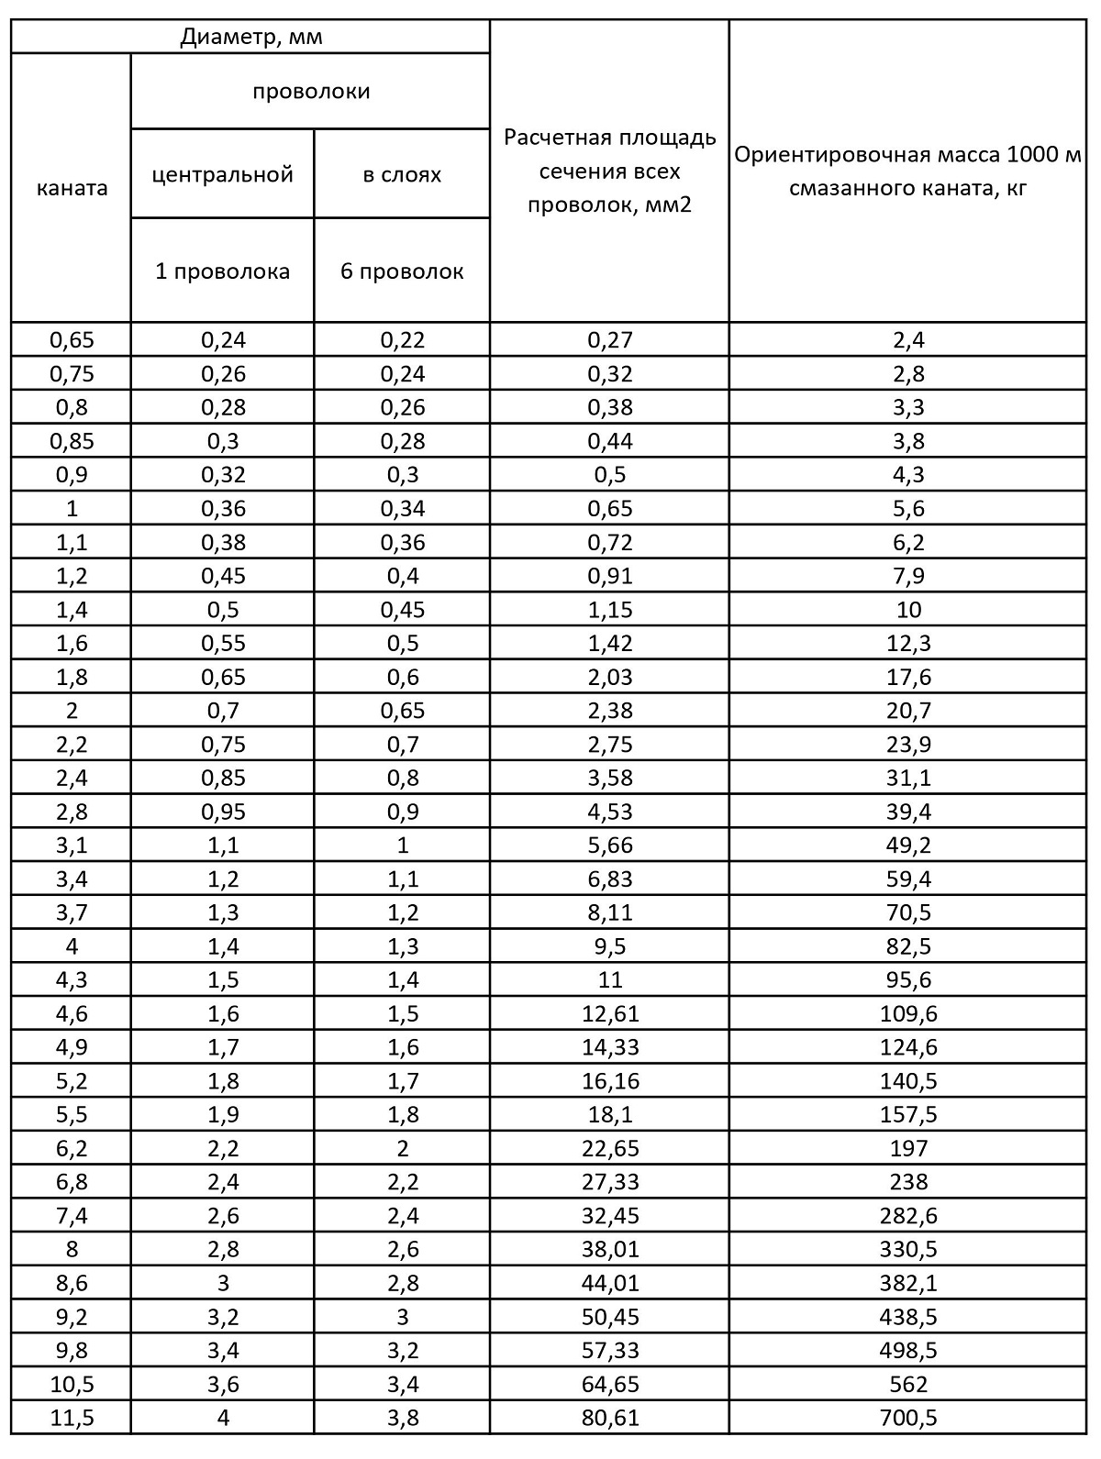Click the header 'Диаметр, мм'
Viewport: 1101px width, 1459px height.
(x=250, y=38)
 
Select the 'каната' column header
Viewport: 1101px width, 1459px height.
(x=72, y=188)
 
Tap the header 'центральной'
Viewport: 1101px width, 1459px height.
(x=222, y=174)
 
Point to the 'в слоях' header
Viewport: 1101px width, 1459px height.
(x=402, y=174)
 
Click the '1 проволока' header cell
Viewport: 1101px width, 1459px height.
(x=222, y=271)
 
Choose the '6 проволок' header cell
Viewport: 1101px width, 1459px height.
(x=402, y=271)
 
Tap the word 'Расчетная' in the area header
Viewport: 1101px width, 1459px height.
(x=550, y=138)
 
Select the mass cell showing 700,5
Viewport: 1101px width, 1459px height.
(x=908, y=1418)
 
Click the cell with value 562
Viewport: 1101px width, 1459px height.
(x=908, y=1384)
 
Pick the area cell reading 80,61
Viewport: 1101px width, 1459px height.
(x=610, y=1418)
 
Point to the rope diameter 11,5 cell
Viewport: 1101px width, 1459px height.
(x=72, y=1418)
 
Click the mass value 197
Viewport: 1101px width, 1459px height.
(x=908, y=1148)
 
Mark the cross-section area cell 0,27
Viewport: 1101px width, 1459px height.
(x=610, y=340)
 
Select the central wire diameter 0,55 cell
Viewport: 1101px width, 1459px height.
(x=222, y=643)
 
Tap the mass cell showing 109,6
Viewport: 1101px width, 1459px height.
(x=908, y=1013)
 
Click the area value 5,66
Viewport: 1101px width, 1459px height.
(x=610, y=845)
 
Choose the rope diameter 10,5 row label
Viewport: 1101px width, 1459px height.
(x=72, y=1384)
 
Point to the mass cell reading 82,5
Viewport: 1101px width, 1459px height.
(x=908, y=945)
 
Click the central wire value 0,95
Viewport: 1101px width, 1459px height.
(x=222, y=812)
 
